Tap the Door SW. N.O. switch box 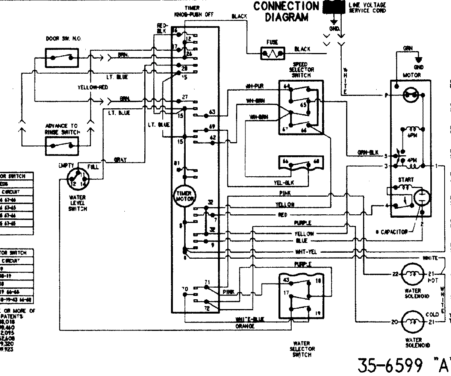(x=62, y=57)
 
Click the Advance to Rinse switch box (x=62, y=146)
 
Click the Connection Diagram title (x=286, y=11)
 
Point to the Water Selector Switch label (x=301, y=349)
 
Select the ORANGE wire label (x=245, y=326)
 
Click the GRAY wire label (x=120, y=160)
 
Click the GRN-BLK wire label (x=367, y=153)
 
